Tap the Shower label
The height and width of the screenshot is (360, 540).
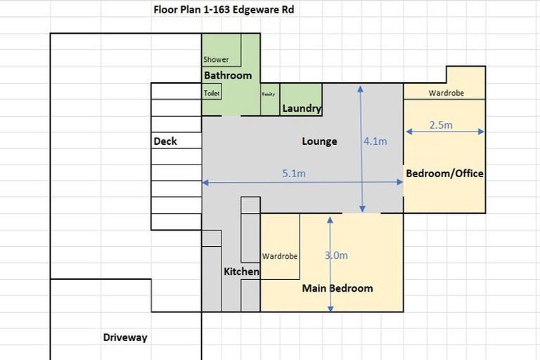coord(216,60)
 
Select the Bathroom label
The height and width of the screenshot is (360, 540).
coord(228,75)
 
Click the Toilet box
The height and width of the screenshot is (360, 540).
coord(212,94)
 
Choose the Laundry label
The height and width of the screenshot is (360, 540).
coord(302,108)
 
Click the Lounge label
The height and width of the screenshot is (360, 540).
coord(319,141)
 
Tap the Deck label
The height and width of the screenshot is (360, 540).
coord(165,141)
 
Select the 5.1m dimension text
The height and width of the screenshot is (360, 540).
coord(293,174)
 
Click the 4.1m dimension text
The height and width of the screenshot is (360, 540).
coord(375,141)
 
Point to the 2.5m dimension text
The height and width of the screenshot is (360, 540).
coord(440,125)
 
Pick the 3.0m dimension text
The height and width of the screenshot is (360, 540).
coord(336,255)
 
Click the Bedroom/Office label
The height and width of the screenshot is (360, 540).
coord(444,173)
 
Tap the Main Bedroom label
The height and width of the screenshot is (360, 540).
coord(337,288)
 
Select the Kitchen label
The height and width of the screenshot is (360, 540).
coord(241,271)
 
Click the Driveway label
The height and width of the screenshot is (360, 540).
coord(125,337)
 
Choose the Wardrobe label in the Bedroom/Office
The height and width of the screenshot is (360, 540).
coord(446,93)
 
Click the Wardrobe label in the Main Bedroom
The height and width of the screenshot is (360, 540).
coord(280,256)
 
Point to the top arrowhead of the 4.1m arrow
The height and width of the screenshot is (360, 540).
coord(361,88)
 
